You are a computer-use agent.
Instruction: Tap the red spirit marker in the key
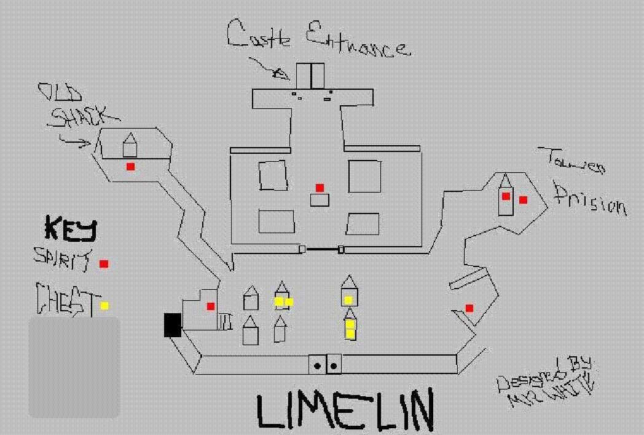pos(104,264)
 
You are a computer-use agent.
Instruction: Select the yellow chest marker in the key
pos(104,305)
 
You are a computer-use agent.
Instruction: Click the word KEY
pos(71,228)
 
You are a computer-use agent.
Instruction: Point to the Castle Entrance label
pos(316,38)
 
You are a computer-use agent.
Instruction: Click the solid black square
pos(173,325)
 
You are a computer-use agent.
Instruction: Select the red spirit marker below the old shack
pos(130,167)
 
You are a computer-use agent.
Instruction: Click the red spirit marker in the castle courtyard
pos(320,188)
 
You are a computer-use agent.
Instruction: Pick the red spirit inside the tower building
pos(506,196)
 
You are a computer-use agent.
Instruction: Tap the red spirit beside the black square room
pos(211,306)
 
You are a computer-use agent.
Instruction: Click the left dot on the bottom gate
pos(318,365)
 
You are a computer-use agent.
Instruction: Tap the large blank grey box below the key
pos(74,367)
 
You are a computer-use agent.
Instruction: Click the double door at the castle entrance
pos(311,76)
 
